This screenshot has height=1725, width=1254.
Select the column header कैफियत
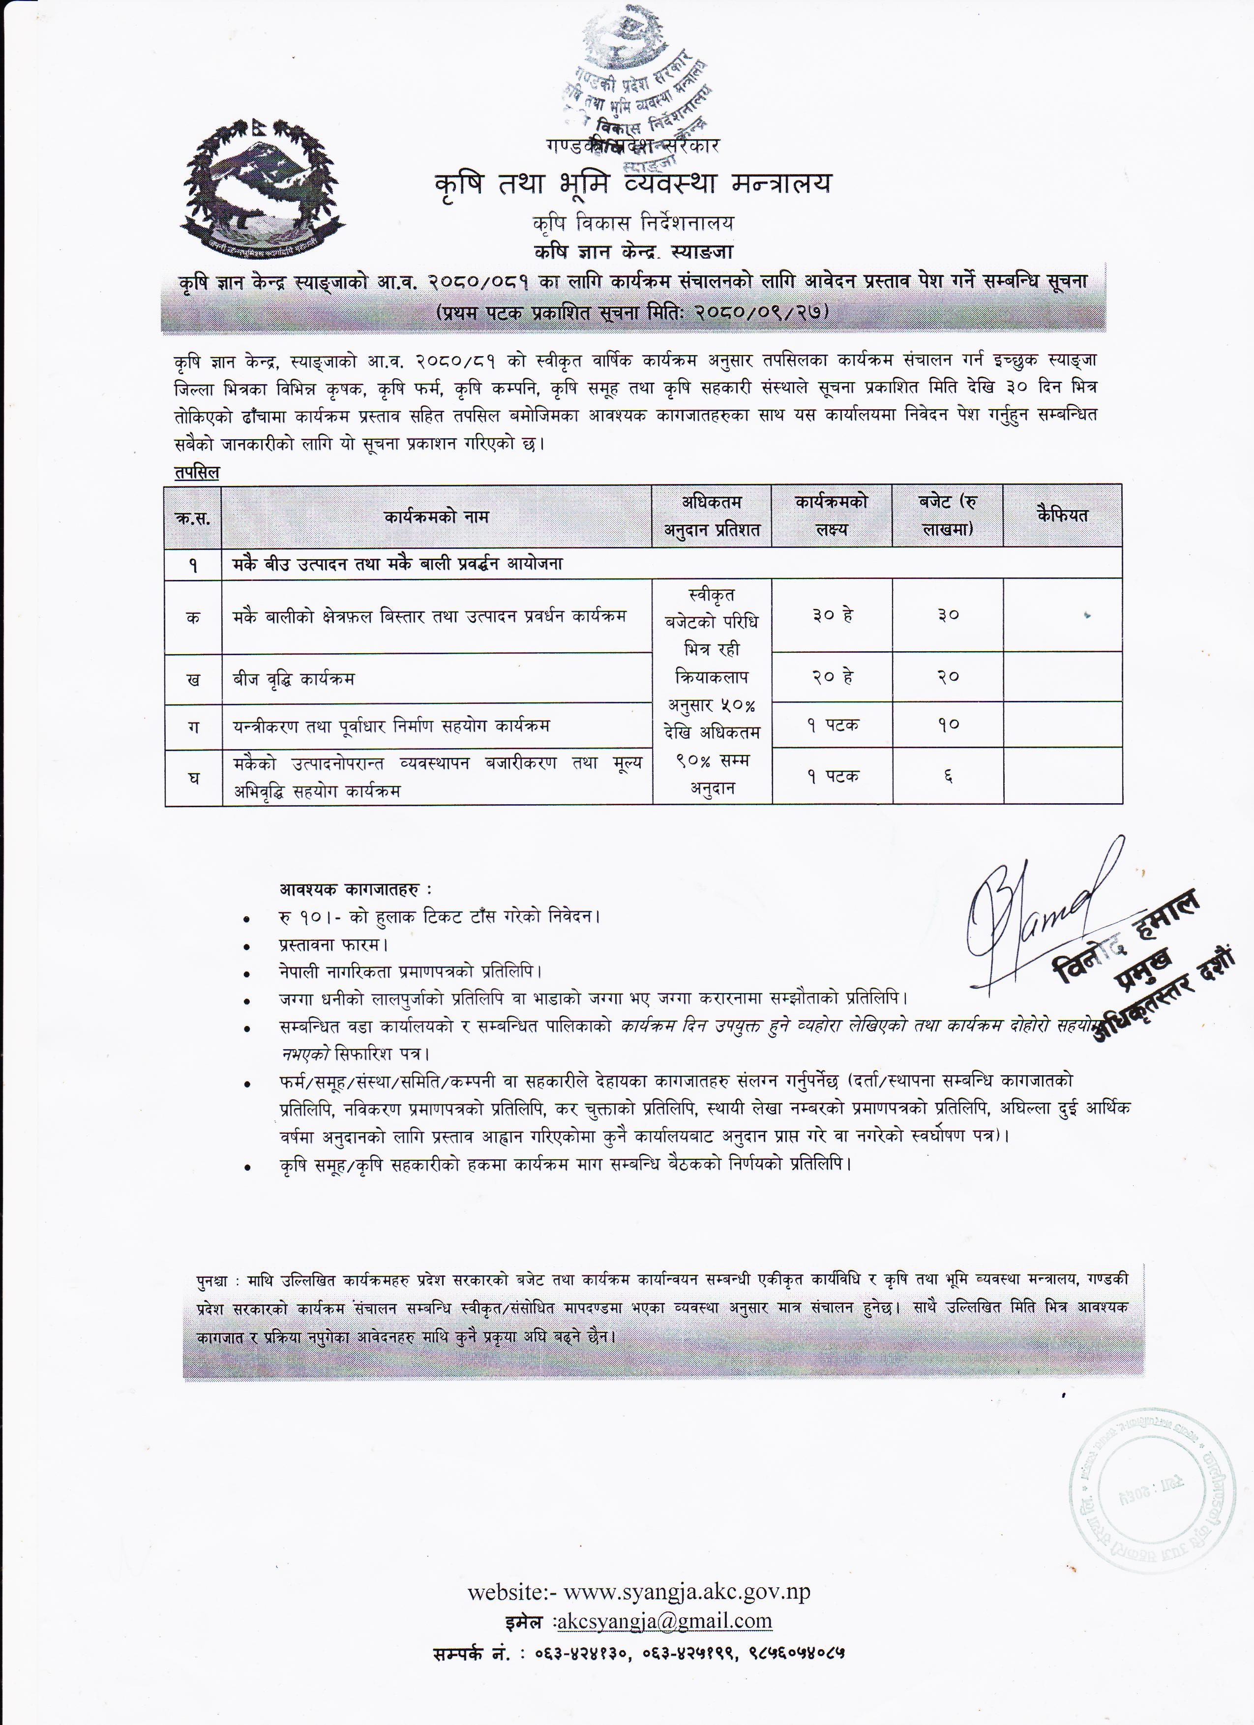[1062, 515]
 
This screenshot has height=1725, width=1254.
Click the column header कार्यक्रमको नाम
[436, 517]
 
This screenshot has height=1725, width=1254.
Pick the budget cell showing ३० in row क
[948, 614]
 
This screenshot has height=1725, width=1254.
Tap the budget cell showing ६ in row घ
[948, 776]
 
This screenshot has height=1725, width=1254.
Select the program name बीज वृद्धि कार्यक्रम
[294, 678]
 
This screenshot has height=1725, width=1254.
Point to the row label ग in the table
[193, 726]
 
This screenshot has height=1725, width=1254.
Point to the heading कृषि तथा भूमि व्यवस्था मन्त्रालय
[633, 184]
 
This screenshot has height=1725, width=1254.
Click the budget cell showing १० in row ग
[948, 725]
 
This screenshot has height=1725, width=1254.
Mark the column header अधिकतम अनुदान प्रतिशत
[711, 515]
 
